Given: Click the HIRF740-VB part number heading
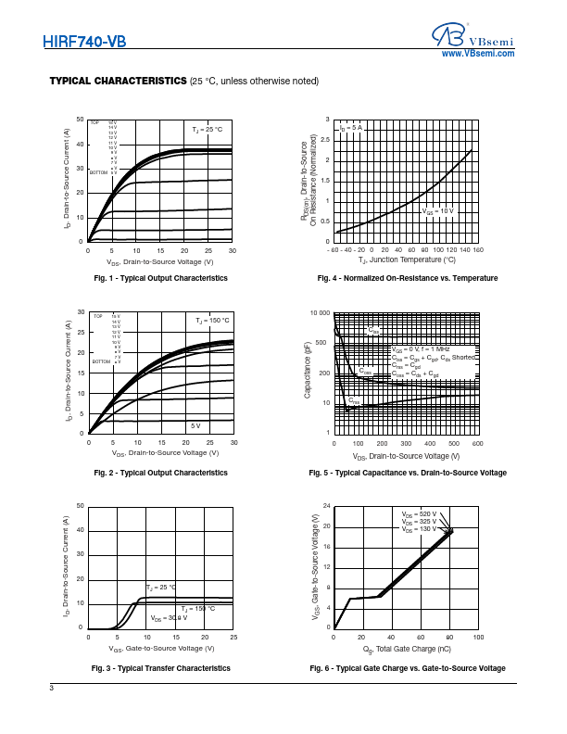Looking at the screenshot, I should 84,42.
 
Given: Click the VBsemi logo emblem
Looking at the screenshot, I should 448,35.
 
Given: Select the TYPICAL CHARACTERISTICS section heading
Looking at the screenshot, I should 118,82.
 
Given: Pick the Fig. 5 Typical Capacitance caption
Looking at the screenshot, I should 408,473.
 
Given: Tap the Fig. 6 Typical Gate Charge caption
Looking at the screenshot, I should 408,668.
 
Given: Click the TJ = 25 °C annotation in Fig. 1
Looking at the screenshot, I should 208,129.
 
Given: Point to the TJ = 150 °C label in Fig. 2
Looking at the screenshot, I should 212,321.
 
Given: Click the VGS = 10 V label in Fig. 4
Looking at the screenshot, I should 439,211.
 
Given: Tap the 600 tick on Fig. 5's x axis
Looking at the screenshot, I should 477,444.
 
